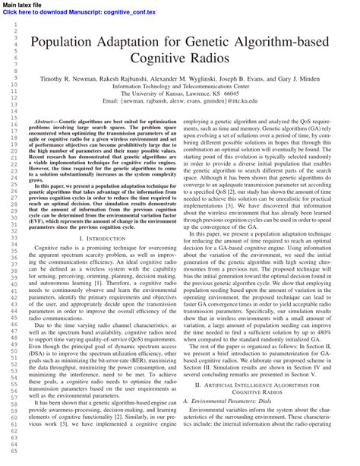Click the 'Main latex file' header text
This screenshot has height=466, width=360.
22,5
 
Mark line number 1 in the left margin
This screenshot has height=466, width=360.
14,24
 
